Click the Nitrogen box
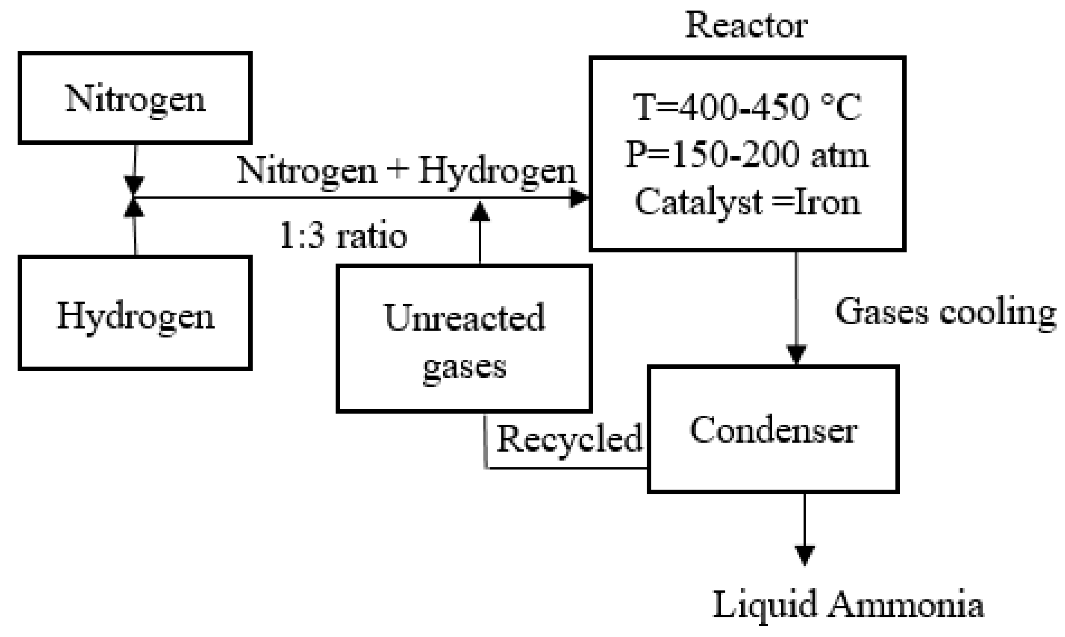coord(135,98)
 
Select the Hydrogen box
coord(135,313)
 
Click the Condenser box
coord(773,429)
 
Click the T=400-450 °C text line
coord(747,107)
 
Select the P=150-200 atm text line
coord(747,155)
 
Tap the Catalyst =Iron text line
coord(747,202)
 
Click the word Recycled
coord(569,439)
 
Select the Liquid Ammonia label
coord(848,604)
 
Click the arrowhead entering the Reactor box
coord(579,198)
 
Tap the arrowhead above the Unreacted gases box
coord(480,212)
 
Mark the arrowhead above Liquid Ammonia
coord(804,555)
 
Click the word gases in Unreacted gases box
coord(464,367)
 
